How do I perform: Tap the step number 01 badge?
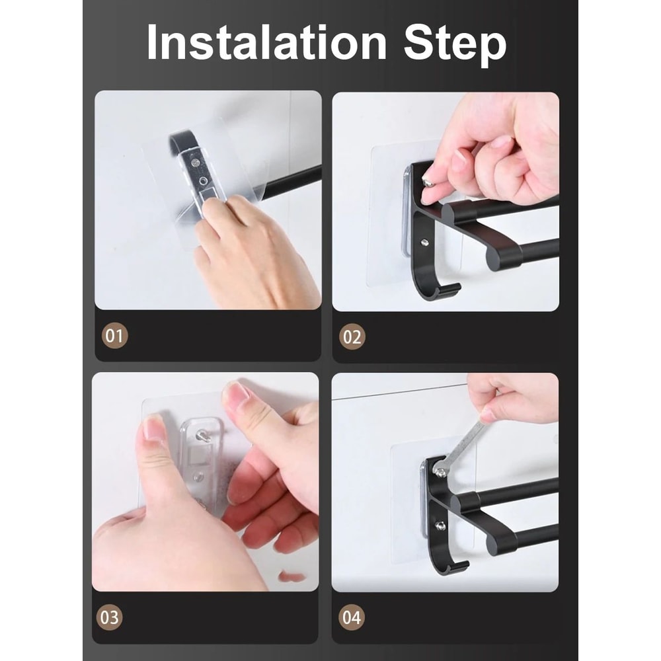click(x=115, y=336)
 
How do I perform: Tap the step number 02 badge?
click(x=352, y=336)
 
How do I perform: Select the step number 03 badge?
click(x=110, y=617)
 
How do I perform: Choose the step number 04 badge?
click(x=352, y=618)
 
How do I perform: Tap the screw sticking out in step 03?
click(x=206, y=436)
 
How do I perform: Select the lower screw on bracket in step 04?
click(x=440, y=525)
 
